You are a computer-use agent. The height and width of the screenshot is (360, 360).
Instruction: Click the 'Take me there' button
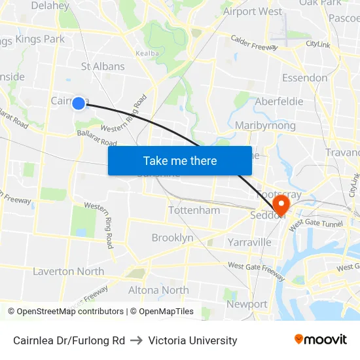pyautogui.click(x=180, y=160)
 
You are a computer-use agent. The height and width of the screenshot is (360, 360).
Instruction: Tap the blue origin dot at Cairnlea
pyautogui.click(x=79, y=103)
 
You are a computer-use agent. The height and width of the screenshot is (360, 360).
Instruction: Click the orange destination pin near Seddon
pyautogui.click(x=282, y=205)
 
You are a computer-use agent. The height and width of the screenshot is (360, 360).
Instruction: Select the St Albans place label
pyautogui.click(x=103, y=66)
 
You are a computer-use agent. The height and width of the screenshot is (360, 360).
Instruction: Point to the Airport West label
pyautogui.click(x=253, y=11)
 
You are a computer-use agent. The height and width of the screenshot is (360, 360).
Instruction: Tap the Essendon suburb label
pyautogui.click(x=304, y=78)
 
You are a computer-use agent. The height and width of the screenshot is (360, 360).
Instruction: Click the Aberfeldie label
pyautogui.click(x=279, y=101)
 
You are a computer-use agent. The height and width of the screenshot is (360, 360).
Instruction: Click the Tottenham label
pyautogui.click(x=194, y=210)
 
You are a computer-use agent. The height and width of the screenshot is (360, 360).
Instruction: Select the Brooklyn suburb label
pyautogui.click(x=172, y=238)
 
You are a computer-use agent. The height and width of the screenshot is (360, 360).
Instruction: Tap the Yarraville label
pyautogui.click(x=249, y=242)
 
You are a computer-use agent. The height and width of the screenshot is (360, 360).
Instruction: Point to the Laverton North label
pyautogui.click(x=68, y=271)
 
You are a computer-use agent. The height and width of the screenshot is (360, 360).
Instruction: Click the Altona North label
pyautogui.click(x=158, y=290)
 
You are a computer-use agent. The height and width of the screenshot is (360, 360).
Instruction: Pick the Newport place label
pyautogui.click(x=247, y=304)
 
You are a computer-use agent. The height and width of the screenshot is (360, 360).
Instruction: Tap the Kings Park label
pyautogui.click(x=40, y=39)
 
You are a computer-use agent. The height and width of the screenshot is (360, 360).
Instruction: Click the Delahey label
pyautogui.click(x=50, y=6)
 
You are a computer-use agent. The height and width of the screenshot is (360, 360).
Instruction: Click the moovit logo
pyautogui.click(x=321, y=340)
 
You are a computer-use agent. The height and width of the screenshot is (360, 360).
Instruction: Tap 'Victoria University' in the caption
pyautogui.click(x=192, y=340)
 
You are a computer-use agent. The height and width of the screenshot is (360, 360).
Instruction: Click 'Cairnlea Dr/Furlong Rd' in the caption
pyautogui.click(x=69, y=340)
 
